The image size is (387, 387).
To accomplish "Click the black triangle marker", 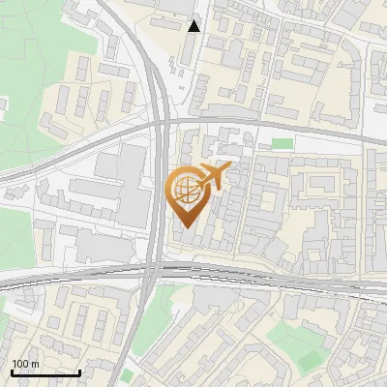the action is tap(194, 26).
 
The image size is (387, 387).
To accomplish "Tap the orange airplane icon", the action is tap(213, 176).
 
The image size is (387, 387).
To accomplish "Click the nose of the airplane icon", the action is tap(229, 168).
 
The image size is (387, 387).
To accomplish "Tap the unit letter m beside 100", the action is tap(35, 363).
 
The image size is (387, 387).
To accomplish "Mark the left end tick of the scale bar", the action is tap(12, 372).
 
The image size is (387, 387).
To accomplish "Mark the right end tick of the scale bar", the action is tap(79, 372).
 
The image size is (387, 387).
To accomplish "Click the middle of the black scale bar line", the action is tap(45, 373).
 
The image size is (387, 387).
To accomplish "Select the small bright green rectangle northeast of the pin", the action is tap(282, 144).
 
